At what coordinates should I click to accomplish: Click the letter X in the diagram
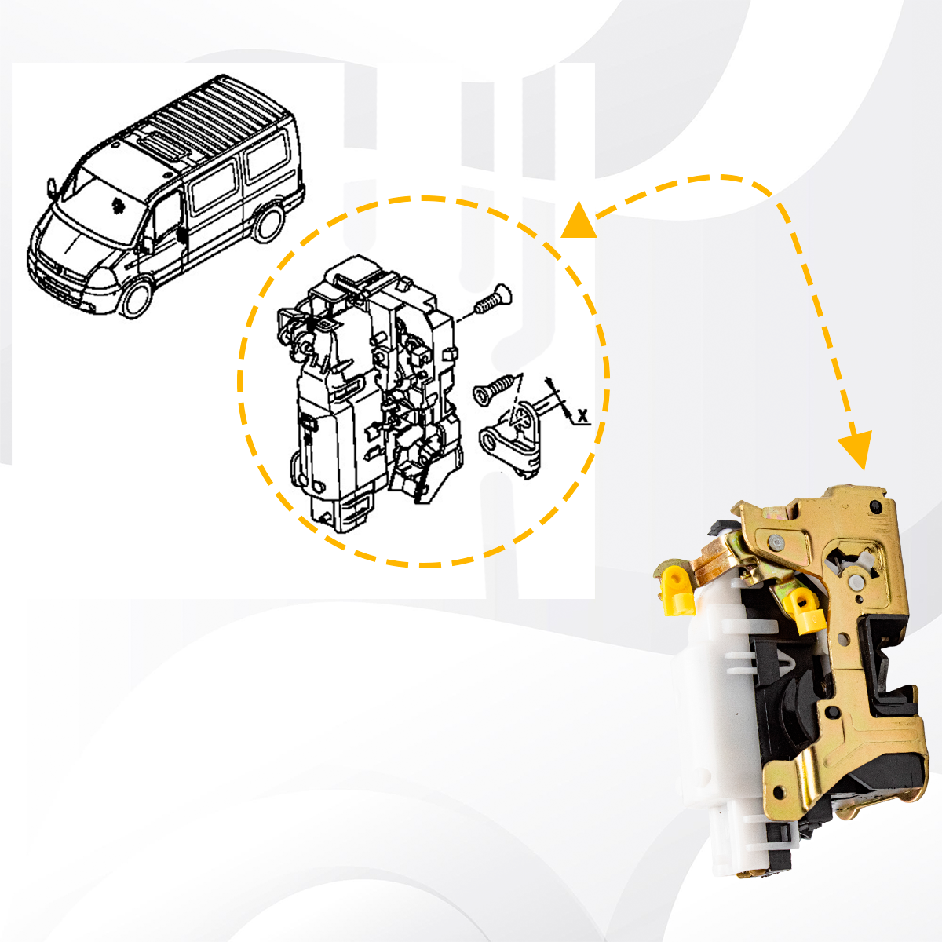(582, 416)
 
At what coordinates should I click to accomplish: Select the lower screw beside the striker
(494, 389)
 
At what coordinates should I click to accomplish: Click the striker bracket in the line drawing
(511, 437)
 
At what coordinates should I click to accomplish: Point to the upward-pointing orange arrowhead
(579, 221)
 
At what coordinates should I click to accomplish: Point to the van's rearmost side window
(268, 156)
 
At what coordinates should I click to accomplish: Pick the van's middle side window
(214, 186)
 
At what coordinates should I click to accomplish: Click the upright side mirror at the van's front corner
(51, 188)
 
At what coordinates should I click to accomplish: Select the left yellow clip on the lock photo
(677, 590)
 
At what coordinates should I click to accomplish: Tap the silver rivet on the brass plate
(776, 542)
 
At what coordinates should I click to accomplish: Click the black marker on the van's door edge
(182, 235)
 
